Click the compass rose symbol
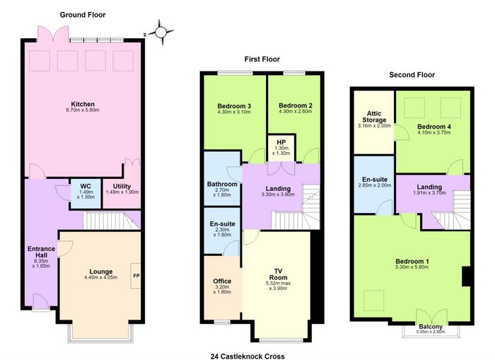(x=161, y=32)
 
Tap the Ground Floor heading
(x=83, y=15)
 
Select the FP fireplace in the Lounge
(x=136, y=276)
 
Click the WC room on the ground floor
(x=86, y=194)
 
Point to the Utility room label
(x=122, y=186)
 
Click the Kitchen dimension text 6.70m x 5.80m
(x=83, y=110)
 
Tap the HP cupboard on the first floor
(x=281, y=148)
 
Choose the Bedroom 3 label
(x=234, y=106)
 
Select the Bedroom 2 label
(x=296, y=105)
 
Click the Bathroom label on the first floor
(x=222, y=184)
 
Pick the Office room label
(x=222, y=281)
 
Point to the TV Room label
(x=278, y=274)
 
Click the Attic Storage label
(x=374, y=117)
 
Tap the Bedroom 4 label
(x=434, y=127)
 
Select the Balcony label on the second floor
(x=431, y=327)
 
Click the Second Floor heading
(x=412, y=75)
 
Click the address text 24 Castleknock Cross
(x=248, y=356)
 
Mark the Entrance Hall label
(x=41, y=252)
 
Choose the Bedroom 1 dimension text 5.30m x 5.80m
(x=412, y=267)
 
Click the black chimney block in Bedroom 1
(x=466, y=277)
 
